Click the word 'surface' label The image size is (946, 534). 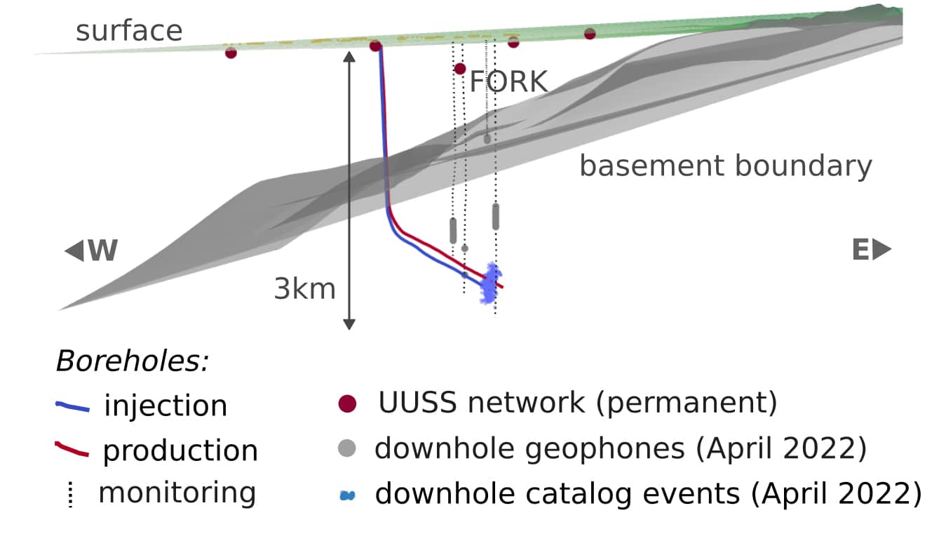(129, 31)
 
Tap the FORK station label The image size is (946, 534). (508, 82)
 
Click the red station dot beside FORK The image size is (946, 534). (460, 68)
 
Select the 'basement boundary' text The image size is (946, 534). (725, 166)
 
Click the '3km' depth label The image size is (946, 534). (304, 288)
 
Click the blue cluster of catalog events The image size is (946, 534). (490, 283)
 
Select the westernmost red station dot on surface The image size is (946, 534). (231, 52)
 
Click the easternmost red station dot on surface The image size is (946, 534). (590, 33)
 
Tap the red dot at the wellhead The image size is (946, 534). (375, 46)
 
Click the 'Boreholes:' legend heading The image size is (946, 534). (133, 361)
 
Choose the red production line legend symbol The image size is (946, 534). (72, 451)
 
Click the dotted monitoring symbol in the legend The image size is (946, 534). (69, 494)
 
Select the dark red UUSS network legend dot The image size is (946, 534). (347, 403)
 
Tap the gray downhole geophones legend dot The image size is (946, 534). (347, 448)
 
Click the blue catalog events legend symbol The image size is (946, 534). (348, 495)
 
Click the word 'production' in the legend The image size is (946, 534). (180, 450)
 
